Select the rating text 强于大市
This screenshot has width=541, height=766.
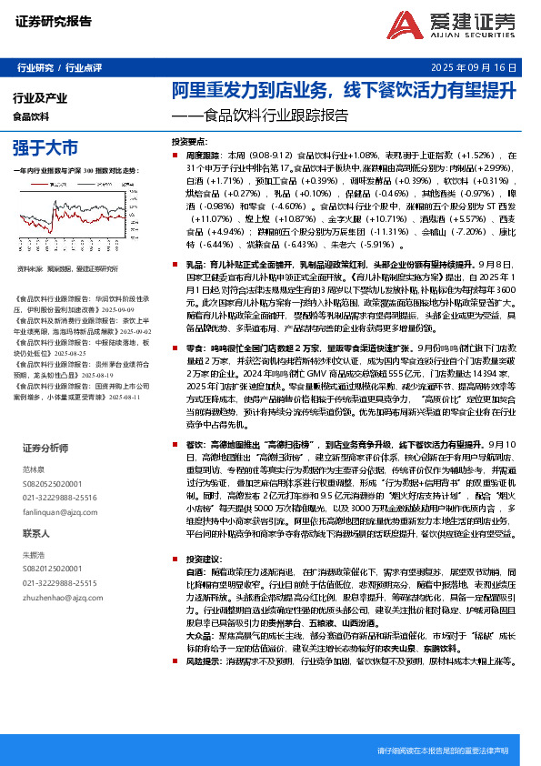click(x=45, y=147)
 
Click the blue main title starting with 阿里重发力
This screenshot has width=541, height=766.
click(x=345, y=91)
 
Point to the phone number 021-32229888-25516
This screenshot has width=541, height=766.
click(x=60, y=499)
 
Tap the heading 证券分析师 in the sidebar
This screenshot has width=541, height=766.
click(x=45, y=448)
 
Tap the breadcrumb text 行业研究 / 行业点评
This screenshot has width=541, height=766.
click(x=60, y=68)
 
